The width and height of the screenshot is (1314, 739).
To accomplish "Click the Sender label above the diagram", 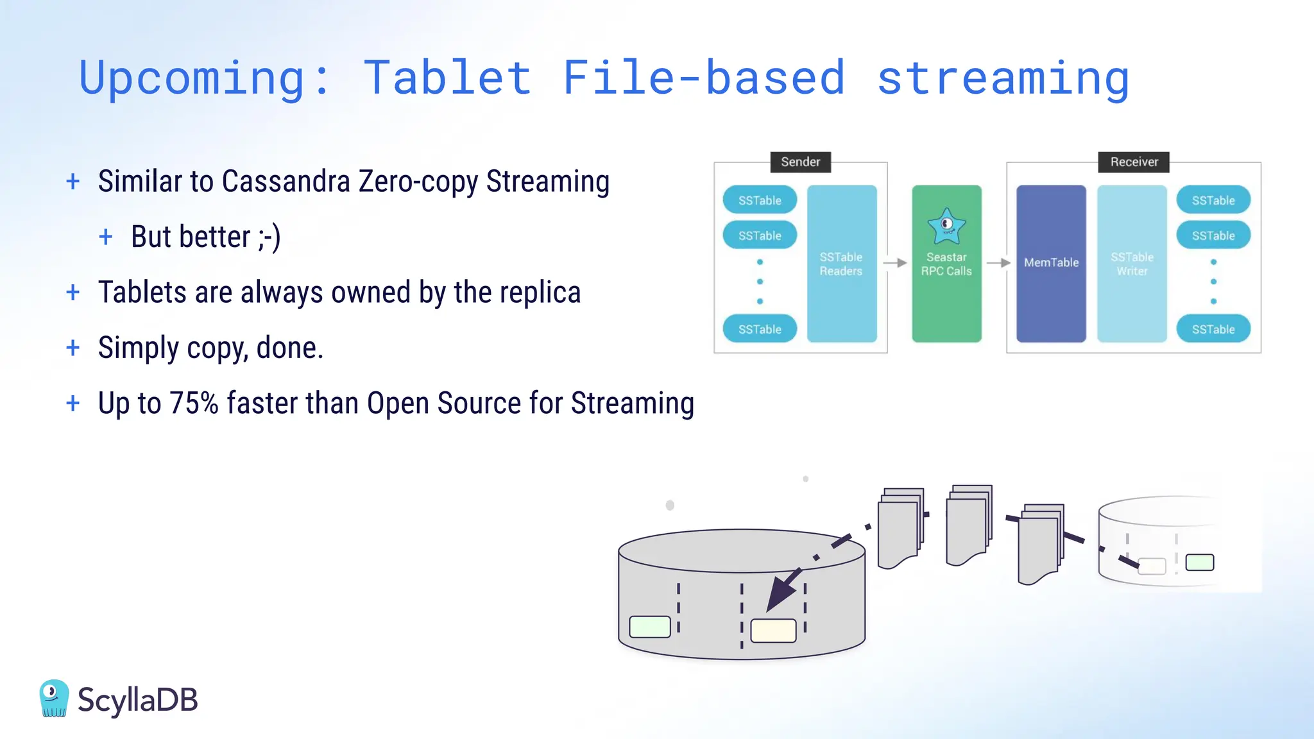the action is click(800, 162).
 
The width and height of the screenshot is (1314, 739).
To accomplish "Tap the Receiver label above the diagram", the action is click(1134, 162).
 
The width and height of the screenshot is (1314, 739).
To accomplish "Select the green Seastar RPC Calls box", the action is click(946, 264).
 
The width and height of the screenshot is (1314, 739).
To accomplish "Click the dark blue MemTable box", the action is click(1051, 263).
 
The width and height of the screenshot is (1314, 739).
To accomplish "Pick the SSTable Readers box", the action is click(841, 264).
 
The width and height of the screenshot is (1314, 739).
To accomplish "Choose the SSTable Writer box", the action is click(1132, 264).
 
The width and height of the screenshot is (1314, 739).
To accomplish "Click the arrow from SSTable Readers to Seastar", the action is click(894, 263).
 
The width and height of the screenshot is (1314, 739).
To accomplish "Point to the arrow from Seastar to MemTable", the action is click(998, 263).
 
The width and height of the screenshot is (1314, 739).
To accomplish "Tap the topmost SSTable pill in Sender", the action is click(760, 200).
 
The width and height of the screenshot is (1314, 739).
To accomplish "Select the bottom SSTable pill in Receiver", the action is click(1213, 329).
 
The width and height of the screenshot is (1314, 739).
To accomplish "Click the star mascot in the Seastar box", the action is click(946, 226).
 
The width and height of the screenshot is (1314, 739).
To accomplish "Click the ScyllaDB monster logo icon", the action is click(54, 698).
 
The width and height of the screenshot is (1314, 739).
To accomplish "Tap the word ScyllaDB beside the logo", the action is click(137, 700).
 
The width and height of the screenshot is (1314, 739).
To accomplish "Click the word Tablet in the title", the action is click(447, 78).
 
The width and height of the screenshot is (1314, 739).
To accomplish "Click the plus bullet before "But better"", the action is click(106, 237).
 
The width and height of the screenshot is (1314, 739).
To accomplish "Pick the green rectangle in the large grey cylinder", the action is click(650, 627).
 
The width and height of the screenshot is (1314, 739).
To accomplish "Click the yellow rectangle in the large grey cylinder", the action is click(773, 631).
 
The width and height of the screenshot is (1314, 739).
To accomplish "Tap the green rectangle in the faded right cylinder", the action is click(1199, 563).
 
